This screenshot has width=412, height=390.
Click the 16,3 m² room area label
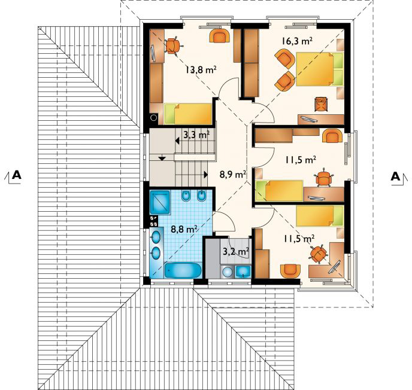(x=297, y=41)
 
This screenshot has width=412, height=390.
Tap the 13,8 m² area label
(x=201, y=69)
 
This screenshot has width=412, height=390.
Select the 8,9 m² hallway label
(x=233, y=173)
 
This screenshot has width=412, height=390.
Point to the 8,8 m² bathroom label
(x=184, y=229)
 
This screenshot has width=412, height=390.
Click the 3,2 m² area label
(x=236, y=251)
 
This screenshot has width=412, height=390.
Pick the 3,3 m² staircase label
(x=196, y=135)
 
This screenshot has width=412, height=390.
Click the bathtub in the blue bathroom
(x=183, y=270)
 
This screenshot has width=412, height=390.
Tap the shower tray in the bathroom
(x=160, y=202)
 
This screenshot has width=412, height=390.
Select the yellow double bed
(x=320, y=69)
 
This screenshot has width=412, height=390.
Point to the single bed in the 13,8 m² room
(x=188, y=114)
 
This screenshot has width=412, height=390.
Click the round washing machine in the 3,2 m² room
(x=226, y=272)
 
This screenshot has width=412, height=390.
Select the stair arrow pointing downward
(x=162, y=158)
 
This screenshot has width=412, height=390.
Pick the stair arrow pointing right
(x=206, y=175)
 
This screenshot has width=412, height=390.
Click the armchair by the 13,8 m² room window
(x=220, y=35)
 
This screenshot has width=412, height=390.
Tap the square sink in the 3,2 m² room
(x=243, y=272)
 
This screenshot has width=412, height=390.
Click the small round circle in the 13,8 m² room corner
(x=154, y=118)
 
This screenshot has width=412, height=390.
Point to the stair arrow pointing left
(x=177, y=141)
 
